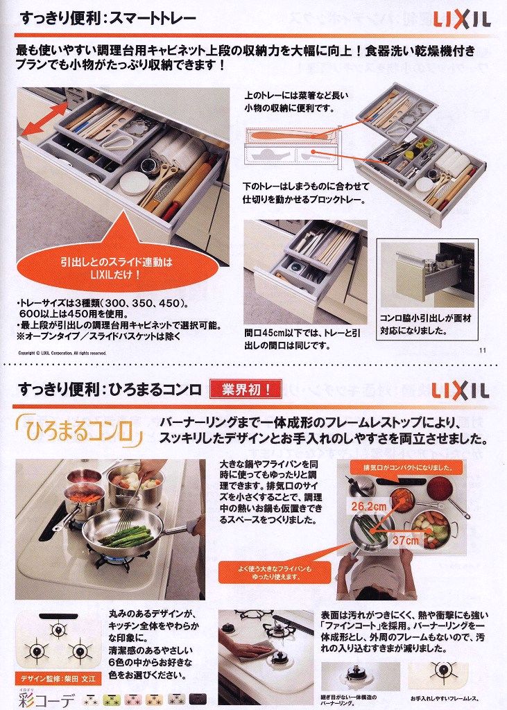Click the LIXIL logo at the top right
tap(462, 19)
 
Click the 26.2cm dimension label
tap(368, 507)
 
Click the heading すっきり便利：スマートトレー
tap(108, 17)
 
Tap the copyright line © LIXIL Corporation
tap(62, 353)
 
